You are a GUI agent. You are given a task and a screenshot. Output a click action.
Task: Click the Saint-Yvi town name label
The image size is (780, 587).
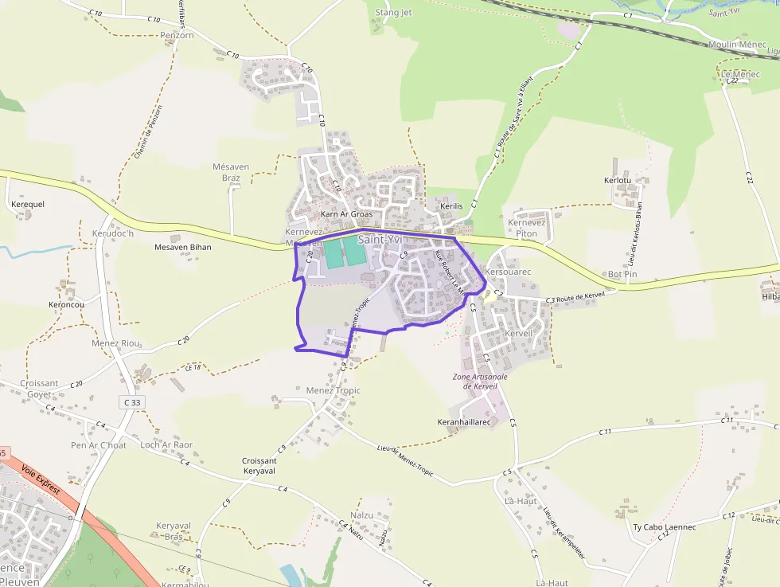tap(380, 239)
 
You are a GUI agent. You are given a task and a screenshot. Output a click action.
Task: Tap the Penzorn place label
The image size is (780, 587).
tap(177, 36)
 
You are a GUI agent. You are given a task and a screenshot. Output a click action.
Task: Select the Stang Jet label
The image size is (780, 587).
tap(393, 13)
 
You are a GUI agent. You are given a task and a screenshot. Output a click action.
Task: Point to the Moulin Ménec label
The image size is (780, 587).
tap(737, 45)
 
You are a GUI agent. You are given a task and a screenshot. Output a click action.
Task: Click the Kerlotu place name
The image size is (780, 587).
tap(618, 181)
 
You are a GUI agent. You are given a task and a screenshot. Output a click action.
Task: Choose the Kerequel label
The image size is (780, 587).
tap(29, 204)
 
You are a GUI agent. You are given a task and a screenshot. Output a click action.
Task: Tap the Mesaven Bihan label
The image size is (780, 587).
tap(182, 247)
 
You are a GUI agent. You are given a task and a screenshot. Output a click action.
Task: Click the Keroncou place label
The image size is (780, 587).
tap(66, 304)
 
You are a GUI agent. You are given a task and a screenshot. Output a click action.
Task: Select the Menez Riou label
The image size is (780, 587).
tap(115, 343)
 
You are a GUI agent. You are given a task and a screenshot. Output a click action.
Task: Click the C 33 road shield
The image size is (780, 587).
tap(132, 403)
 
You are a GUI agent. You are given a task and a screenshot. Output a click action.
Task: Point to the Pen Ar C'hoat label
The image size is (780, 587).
tap(99, 445)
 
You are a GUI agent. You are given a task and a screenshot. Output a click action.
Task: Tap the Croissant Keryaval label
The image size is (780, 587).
tap(259, 466)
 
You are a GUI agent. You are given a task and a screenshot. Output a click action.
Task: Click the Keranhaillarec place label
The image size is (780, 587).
tap(464, 421)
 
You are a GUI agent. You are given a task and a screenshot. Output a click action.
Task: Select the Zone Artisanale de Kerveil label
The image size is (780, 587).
tap(480, 381)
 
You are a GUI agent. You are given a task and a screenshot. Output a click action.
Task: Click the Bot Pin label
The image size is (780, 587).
tap(622, 274)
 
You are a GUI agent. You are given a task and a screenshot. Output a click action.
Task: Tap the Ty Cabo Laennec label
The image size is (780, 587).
tap(664, 527)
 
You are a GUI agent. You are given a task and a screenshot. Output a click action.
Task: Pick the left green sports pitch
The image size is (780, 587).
tap(333, 252)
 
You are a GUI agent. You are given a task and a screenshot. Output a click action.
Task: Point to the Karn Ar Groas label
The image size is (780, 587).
tap(346, 214)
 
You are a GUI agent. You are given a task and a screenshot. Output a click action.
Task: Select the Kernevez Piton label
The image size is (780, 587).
tap(527, 228)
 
